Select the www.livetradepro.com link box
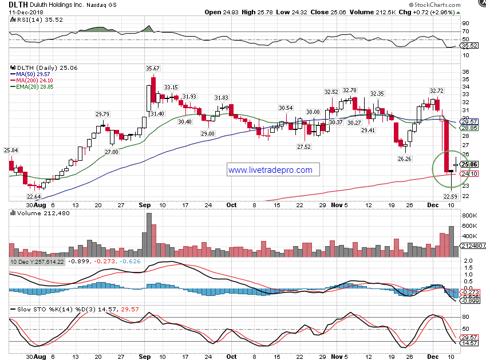[270, 170]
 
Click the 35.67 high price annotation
[153, 69]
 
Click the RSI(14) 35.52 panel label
[31, 19]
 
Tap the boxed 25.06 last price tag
[469, 164]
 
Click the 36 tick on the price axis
[465, 71]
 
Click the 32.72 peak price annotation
[437, 90]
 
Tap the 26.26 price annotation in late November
[405, 159]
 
